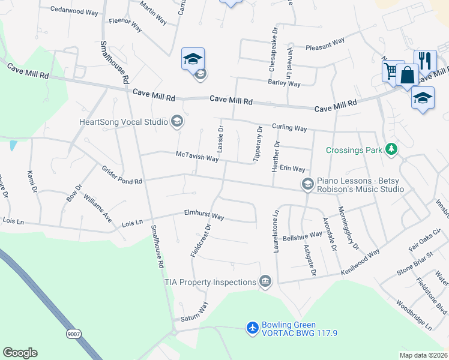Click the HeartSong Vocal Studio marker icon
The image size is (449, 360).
pos(176,122)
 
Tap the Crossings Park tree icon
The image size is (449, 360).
pos(391,149)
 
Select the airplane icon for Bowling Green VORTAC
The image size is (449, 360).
pos(253,328)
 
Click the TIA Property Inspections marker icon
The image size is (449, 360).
pos(265,281)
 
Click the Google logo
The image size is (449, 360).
pos(20,353)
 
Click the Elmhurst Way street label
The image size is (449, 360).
pos(204,215)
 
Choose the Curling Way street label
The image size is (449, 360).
pos(289,128)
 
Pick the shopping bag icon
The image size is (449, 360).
pos(407,76)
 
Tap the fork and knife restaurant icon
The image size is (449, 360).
pos(425,61)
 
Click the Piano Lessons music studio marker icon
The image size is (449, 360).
pos(308,184)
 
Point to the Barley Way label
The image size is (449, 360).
pos(284,83)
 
